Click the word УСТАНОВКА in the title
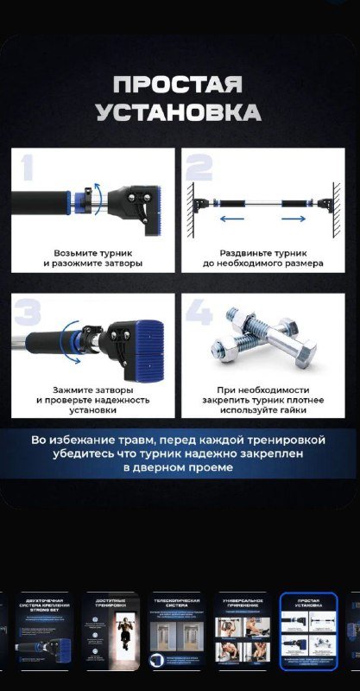coord(179,112)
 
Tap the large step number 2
coord(199,168)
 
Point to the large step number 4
coord(199,313)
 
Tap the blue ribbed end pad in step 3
coord(144,345)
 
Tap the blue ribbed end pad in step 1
coord(151,207)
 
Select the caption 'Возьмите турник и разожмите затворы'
coord(92,257)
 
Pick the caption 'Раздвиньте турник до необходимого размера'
coord(263,257)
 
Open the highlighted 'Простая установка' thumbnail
coord(309,631)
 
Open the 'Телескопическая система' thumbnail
coord(177,631)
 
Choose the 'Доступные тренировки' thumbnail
coord(111,631)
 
